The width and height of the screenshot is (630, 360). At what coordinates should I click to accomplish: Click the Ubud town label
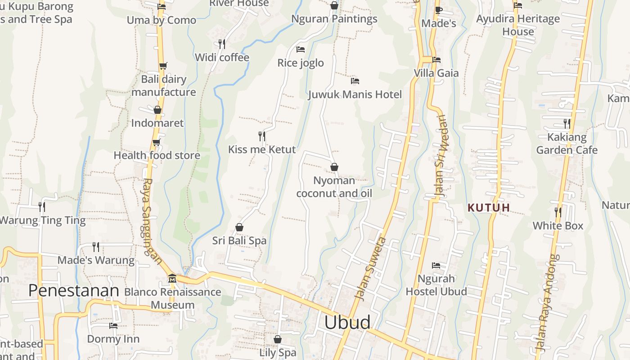pos(347,322)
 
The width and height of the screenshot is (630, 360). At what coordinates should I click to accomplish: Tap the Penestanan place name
pos(73,291)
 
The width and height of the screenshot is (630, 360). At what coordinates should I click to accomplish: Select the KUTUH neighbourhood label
pos(489,207)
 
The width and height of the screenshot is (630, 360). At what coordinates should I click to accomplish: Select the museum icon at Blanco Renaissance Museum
pos(172,279)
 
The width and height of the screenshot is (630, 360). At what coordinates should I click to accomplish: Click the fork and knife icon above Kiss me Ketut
pos(261,136)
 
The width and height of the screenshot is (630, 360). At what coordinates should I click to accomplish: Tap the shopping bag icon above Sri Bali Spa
pos(239,228)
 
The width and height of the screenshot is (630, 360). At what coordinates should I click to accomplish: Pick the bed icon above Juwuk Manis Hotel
pos(355,81)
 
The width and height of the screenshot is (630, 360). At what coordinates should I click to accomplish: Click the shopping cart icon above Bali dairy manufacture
pos(163,66)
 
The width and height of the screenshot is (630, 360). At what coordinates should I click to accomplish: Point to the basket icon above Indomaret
pos(157,110)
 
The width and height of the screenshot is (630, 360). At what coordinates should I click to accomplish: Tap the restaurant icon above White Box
pos(558,212)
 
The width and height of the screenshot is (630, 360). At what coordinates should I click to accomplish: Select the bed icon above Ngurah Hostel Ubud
pos(436,265)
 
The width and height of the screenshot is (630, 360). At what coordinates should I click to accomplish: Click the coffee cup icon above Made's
pos(439,10)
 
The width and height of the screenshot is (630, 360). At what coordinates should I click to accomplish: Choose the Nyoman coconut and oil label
pos(334,187)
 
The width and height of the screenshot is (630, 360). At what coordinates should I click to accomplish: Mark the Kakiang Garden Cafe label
pos(567,144)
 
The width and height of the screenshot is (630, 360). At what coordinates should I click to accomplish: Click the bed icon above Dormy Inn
pos(113,326)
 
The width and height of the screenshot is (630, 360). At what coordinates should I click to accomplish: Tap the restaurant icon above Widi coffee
pos(221,44)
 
